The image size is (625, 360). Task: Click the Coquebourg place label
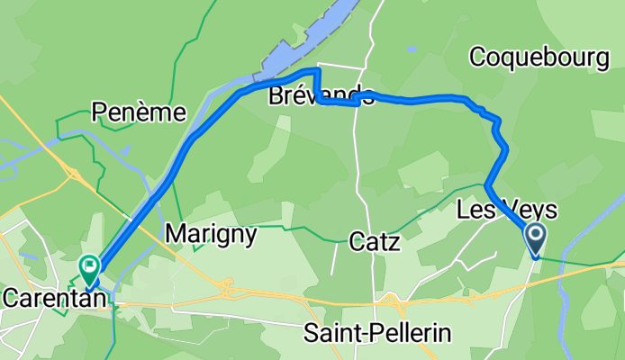[x=539, y=58]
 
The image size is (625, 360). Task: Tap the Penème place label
[x=139, y=112]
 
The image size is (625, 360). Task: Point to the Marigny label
[x=212, y=235]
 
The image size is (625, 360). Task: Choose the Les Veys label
[x=507, y=211]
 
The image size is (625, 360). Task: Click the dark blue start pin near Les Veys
[x=534, y=238]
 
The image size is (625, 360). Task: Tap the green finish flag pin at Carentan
[x=90, y=267]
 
